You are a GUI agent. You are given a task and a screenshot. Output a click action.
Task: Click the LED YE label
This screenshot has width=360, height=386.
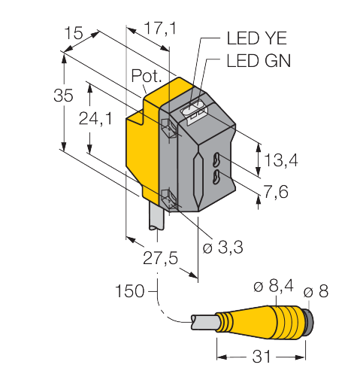click(256, 38)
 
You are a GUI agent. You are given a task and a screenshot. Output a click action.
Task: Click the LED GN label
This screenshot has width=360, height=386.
click(259, 61)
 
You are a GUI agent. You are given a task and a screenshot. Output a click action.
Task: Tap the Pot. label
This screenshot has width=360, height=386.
click(147, 75)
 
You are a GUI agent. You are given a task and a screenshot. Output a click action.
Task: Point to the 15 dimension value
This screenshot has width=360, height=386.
click(73, 33)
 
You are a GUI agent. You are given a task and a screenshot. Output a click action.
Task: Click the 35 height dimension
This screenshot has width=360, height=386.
click(63, 96)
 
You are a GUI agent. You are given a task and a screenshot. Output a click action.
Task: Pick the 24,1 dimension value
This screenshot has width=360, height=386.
click(95, 118)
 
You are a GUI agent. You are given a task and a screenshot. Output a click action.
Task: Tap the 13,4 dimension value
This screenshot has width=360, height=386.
click(281, 160)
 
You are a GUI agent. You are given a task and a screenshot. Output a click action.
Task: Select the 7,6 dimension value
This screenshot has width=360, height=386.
click(276, 192)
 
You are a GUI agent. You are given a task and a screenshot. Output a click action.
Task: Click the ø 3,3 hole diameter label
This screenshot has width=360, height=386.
click(222, 248)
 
